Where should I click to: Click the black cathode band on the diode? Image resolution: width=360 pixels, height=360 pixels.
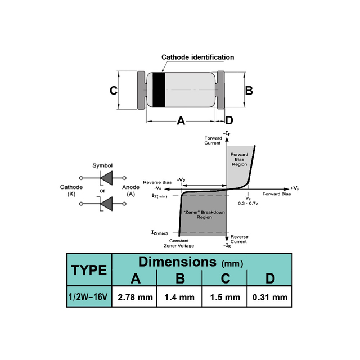pyautogui.click(x=159, y=90)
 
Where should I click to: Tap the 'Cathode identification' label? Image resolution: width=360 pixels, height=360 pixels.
pyautogui.click(x=197, y=57)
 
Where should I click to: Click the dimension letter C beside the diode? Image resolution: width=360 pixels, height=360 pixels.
pyautogui.click(x=113, y=91)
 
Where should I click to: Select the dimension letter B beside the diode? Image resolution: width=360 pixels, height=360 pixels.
pyautogui.click(x=249, y=90)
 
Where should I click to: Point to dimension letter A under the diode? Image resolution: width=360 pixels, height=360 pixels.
pyautogui.click(x=181, y=120)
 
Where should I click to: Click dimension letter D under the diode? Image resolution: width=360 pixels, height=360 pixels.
pyautogui.click(x=229, y=120)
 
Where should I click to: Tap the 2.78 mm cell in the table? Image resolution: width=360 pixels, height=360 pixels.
pyautogui.click(x=135, y=297)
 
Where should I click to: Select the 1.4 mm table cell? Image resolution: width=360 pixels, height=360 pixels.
pyautogui.click(x=180, y=297)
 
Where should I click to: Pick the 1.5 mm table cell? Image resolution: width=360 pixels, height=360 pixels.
pyautogui.click(x=224, y=297)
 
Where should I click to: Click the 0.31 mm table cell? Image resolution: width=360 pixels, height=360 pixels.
pyautogui.click(x=271, y=297)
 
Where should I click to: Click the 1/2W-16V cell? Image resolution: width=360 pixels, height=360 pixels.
pyautogui.click(x=89, y=297)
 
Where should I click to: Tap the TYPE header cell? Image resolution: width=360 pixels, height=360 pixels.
pyautogui.click(x=89, y=270)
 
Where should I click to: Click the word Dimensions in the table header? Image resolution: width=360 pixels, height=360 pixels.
pyautogui.click(x=177, y=262)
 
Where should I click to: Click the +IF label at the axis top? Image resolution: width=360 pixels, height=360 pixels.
pyautogui.click(x=227, y=132)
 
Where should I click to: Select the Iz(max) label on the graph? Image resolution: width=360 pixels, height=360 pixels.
pyautogui.click(x=160, y=232)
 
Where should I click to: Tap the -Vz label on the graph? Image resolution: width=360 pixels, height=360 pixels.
pyautogui.click(x=181, y=179)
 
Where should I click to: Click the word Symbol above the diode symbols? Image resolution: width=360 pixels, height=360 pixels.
pyautogui.click(x=102, y=165)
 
